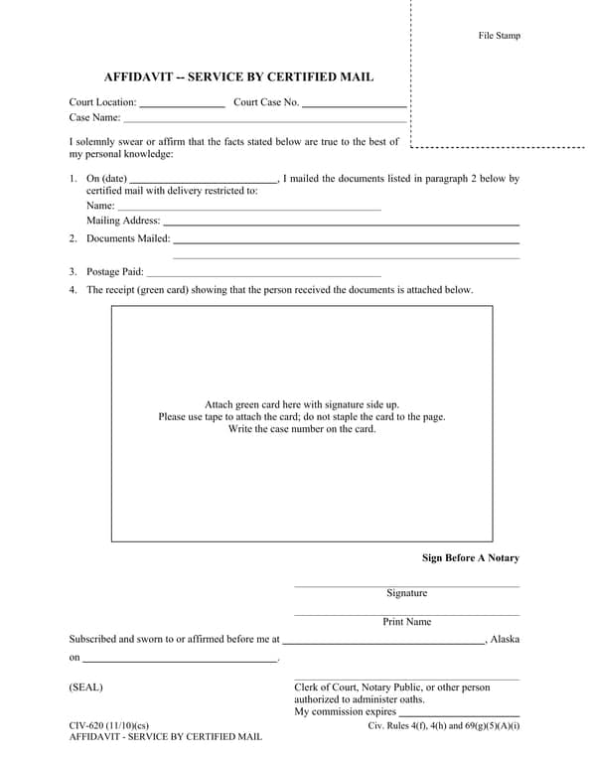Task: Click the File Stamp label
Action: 499,36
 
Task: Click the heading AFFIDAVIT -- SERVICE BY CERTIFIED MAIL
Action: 239,76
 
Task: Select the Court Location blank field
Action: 182,103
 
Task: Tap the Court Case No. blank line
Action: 354,103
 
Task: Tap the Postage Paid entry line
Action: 264,273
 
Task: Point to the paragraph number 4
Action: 73,290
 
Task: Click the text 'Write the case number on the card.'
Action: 302,429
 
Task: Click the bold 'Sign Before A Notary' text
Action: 470,558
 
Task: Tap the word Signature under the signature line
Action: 406,593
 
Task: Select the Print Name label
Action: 406,622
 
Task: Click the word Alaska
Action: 505,640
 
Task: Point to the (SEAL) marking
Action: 85,687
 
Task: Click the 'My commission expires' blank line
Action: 459,713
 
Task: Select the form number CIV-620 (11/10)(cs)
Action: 108,726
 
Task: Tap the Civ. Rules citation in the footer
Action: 443,726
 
